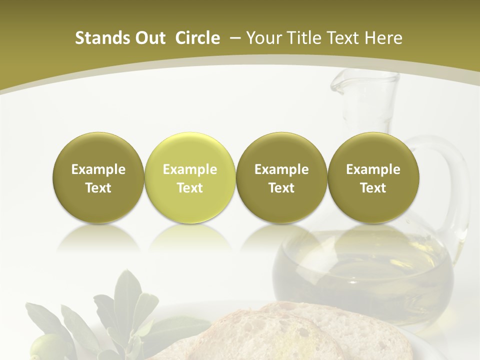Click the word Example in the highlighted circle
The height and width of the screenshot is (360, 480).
pyautogui.click(x=189, y=169)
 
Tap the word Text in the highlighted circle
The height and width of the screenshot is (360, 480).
pyautogui.click(x=189, y=188)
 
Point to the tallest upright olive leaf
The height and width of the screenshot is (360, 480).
pyautogui.click(x=125, y=295)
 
